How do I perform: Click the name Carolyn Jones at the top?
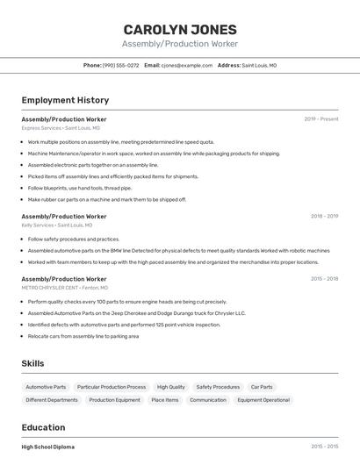(179, 29)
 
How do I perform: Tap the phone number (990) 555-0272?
(120, 65)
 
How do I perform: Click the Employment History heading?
(65, 100)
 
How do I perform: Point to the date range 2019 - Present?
(321, 118)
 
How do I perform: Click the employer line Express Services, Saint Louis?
(61, 128)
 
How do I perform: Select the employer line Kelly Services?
(57, 225)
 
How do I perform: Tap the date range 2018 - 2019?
(324, 216)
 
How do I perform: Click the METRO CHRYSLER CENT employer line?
(65, 288)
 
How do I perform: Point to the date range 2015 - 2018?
(324, 278)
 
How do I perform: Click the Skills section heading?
(33, 363)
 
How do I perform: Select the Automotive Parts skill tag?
(46, 387)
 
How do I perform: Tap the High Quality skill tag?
(171, 387)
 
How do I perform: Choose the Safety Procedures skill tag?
(218, 387)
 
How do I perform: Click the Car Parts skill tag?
(262, 387)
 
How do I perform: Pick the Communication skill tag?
(208, 400)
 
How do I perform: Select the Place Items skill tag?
(165, 400)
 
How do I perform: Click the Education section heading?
(43, 427)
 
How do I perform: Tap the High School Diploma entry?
(48, 447)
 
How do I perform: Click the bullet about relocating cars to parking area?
(83, 335)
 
